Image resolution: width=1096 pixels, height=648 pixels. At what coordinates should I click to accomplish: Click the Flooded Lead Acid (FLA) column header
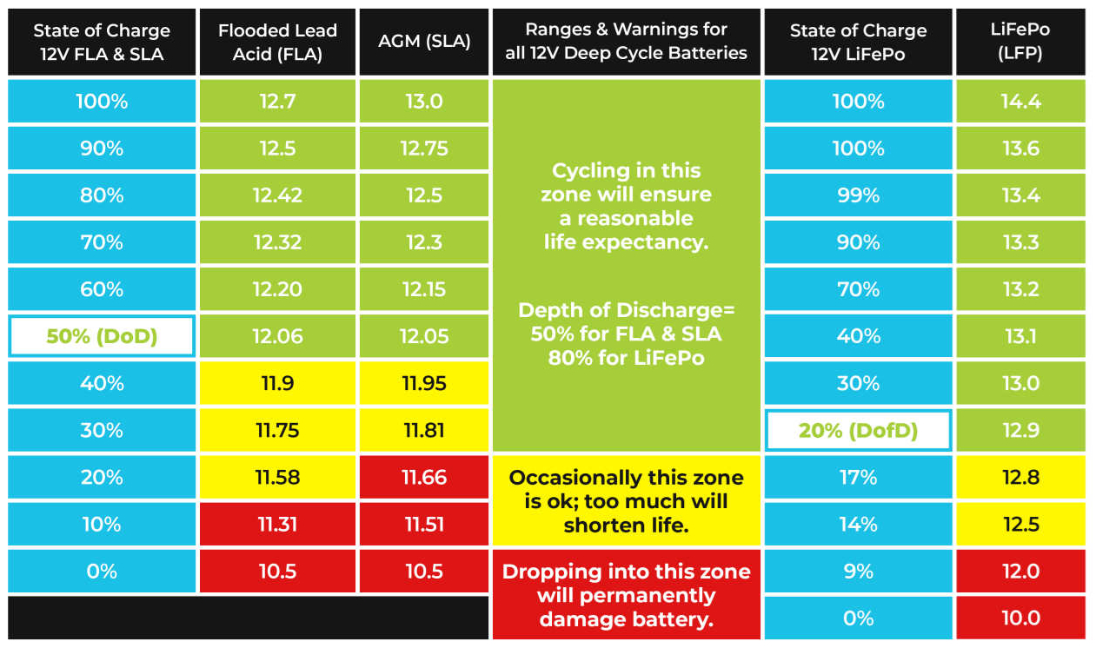pos(276,42)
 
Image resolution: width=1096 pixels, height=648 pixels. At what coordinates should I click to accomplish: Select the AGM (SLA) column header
pos(424,42)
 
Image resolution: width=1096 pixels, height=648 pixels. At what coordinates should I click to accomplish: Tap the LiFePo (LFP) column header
pos(1020,42)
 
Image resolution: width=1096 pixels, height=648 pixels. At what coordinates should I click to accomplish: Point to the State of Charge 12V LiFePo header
pos(858,42)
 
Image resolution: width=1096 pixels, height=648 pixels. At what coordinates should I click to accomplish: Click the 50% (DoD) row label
pos(102,336)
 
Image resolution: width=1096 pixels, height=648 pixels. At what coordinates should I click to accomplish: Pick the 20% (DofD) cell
pos(858,430)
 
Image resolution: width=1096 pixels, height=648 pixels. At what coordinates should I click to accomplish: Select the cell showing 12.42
pos(276,195)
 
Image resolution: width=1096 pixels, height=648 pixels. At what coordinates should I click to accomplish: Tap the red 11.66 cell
pos(424,477)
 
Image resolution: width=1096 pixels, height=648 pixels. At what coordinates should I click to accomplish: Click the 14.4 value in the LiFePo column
pos(1020,102)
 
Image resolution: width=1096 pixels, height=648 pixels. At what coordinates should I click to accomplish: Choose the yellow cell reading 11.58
pos(276,477)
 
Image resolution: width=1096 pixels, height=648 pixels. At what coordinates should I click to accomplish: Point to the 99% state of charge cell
pos(858,195)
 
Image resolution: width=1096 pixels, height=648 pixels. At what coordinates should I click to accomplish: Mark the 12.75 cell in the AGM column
pos(424,149)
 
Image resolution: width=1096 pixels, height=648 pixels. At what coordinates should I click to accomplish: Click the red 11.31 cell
pos(276,524)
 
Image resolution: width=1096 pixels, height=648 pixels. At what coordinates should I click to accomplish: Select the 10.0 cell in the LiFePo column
pos(1020,618)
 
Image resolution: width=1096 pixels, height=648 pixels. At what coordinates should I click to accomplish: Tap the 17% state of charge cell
pos(858,477)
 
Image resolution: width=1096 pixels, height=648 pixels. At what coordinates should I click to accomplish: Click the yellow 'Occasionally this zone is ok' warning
pos(626,501)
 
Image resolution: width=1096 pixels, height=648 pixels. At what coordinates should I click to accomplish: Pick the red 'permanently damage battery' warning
pos(626,595)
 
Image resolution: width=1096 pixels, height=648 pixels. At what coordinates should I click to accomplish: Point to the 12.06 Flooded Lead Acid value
pos(276,336)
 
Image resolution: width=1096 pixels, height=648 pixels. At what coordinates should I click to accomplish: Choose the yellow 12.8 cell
pos(1020,477)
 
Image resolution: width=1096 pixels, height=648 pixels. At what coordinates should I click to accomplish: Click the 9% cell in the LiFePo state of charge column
pos(858,571)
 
